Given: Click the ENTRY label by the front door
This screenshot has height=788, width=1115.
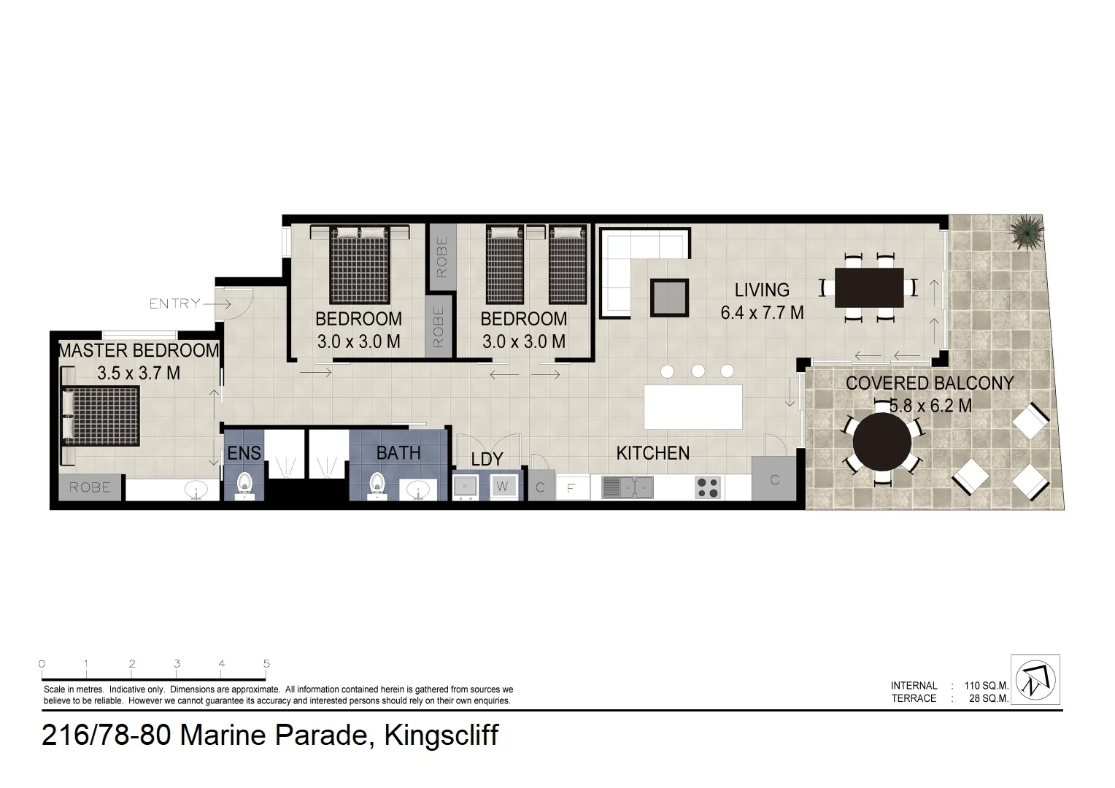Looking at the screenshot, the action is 174,304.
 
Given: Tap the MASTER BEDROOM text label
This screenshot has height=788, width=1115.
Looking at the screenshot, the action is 139,350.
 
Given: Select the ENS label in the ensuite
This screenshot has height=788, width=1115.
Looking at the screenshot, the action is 244,453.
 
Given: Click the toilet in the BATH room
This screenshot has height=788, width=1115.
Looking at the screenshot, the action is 377,484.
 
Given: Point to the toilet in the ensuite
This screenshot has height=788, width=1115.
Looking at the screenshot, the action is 244,484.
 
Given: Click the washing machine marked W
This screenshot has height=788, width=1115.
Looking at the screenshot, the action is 503,486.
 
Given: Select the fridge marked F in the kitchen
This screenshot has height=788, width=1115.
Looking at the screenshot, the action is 572,487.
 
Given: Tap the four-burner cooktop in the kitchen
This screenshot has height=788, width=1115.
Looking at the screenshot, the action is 708,487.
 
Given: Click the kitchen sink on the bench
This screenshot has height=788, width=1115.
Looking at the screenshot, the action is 627,487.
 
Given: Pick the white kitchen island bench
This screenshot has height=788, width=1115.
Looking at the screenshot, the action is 692,407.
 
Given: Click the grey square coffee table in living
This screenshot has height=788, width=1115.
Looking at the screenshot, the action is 669,297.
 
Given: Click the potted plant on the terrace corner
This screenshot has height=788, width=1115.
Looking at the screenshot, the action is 1027,231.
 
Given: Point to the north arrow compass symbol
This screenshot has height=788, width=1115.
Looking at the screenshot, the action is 1035,679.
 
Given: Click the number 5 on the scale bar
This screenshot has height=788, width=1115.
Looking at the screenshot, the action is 266,664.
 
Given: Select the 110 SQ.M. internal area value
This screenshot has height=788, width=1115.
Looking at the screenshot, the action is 986,686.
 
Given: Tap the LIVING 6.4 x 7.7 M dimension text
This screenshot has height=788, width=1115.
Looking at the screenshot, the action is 762,312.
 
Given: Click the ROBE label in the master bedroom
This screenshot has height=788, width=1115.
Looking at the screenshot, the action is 90,487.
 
